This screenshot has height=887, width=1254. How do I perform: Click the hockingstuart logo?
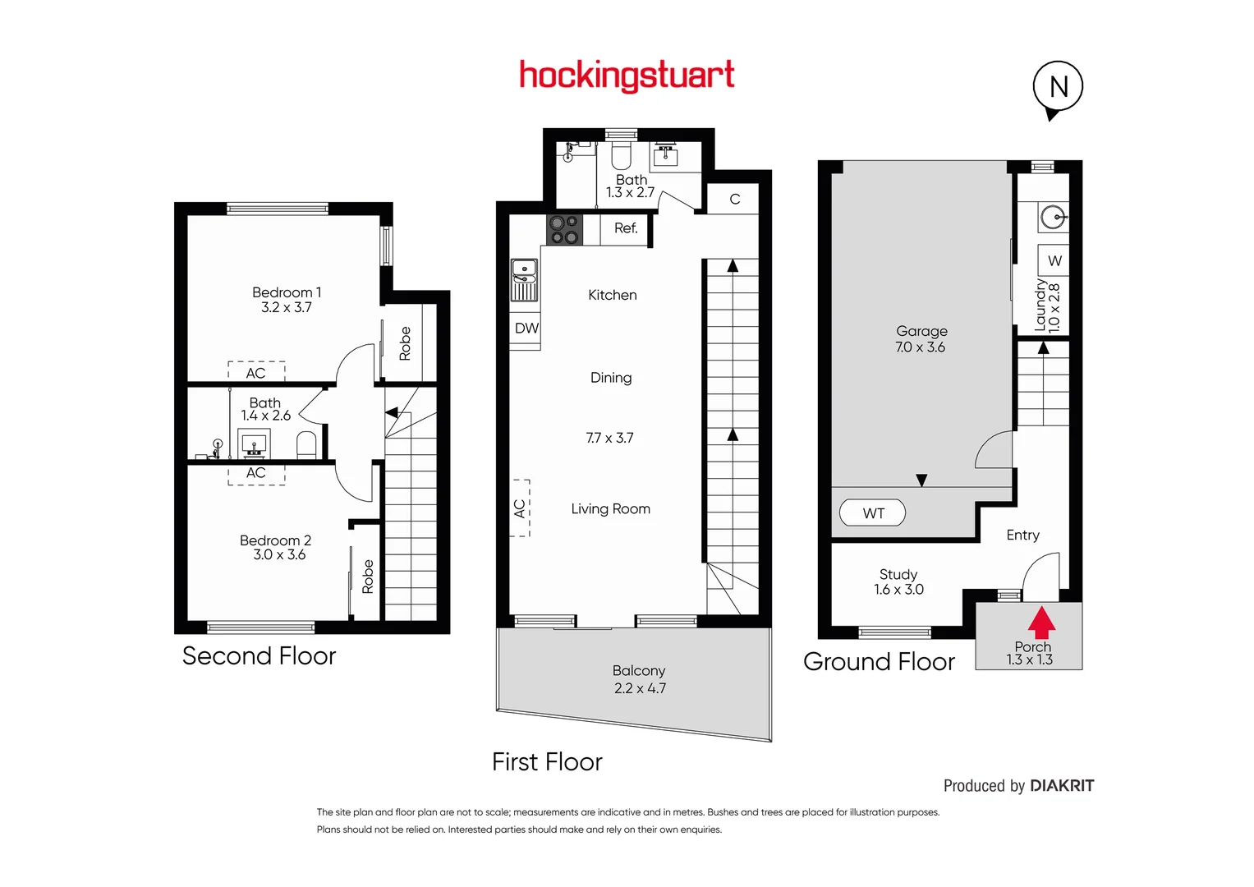point(627,76)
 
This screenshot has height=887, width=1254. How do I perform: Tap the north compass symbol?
point(1058,87)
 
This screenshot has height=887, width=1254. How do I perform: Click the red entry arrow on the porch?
point(1041,623)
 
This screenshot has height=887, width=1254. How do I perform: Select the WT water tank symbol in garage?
point(872,513)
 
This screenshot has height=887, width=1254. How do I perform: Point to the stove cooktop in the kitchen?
point(565,229)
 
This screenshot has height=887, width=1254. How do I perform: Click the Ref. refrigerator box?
point(626,228)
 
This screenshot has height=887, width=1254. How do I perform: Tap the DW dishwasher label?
point(526,329)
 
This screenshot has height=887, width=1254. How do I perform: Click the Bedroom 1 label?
point(287,292)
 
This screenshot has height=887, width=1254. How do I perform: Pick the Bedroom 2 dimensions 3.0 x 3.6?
point(279,555)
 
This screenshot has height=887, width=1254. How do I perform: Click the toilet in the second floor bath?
point(306,445)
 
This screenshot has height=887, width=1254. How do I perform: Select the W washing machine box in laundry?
point(1054,261)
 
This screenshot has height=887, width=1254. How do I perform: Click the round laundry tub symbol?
point(1054,218)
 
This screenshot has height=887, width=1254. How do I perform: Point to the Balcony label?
point(639,671)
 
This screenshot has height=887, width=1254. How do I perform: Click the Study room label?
point(898,574)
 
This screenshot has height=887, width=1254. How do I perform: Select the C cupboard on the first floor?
point(735,200)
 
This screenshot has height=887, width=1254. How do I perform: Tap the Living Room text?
point(610,509)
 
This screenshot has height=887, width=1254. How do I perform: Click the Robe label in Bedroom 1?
point(405,343)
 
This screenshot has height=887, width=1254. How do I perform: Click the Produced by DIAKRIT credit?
point(1018,786)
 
